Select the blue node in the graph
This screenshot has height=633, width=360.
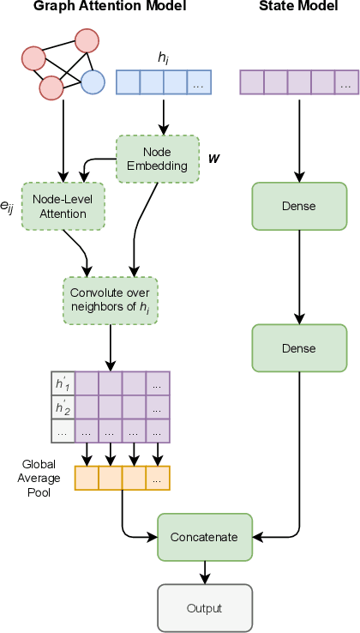coord(93,82)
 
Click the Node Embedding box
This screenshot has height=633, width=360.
coord(156,159)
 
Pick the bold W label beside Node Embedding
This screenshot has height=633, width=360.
coord(213,159)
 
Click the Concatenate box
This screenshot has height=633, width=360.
coord(204,537)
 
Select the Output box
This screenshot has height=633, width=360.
coord(204,608)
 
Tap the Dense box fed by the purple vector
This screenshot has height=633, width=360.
coord(298,207)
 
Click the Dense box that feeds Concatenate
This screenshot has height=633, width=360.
coord(298,348)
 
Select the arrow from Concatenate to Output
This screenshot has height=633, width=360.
coord(204,572)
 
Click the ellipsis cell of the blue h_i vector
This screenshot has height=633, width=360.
coord(198,82)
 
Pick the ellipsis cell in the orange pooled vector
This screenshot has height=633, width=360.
coord(158,478)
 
